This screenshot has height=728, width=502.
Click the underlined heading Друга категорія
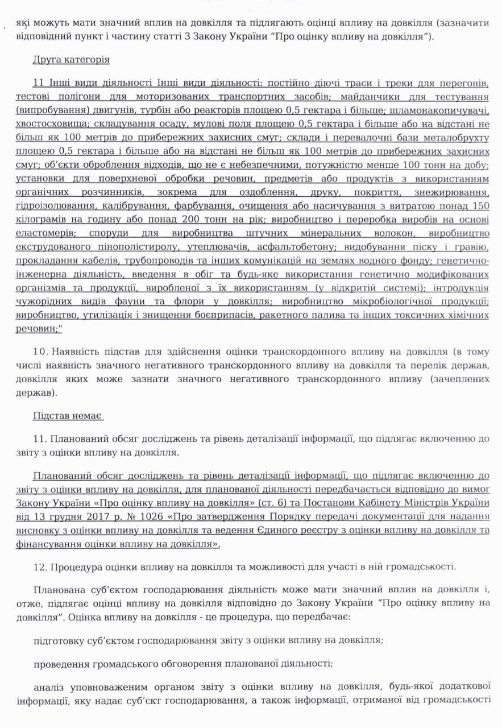[x=71, y=60]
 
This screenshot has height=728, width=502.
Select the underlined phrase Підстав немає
[x=68, y=416]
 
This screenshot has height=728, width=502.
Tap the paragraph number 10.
[x=42, y=351]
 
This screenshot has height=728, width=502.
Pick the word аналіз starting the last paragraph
[x=51, y=686]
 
